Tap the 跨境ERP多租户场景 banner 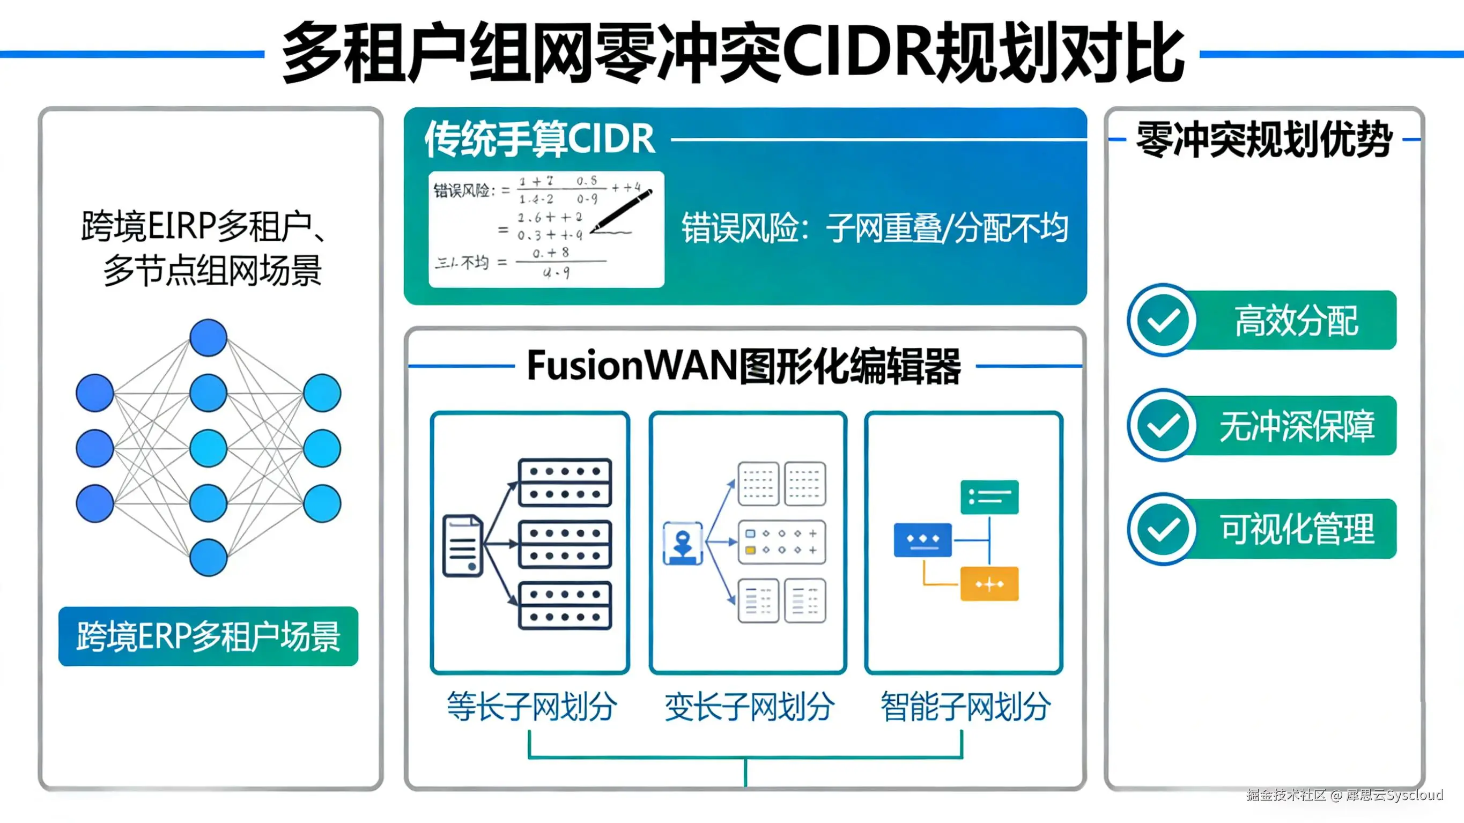208,636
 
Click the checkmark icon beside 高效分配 1163,320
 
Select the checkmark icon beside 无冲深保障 1163,425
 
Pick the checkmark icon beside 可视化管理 1163,529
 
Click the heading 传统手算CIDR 539,139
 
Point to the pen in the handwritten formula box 622,210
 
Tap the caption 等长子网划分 531,707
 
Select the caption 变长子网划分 749,707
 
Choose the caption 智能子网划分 965,707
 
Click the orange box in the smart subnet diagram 989,584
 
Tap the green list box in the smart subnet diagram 989,497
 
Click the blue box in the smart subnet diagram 922,539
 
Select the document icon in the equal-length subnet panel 463,546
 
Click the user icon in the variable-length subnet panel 683,543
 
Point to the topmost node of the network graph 208,338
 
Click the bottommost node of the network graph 208,558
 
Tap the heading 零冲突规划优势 1264,139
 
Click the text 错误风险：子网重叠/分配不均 875,228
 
